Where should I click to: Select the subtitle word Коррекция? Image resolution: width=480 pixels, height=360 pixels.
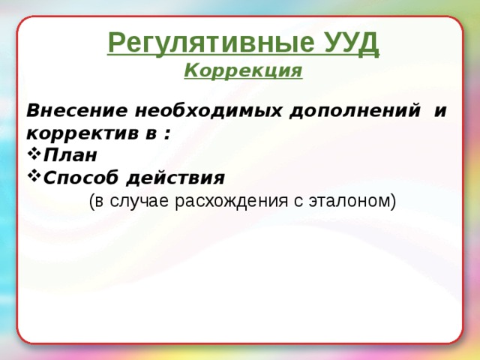point(243,71)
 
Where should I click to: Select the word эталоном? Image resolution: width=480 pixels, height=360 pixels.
point(349,201)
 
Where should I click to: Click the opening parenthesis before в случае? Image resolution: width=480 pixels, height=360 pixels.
point(91,201)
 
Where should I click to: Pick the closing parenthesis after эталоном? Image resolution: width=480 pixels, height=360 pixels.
point(393,201)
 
